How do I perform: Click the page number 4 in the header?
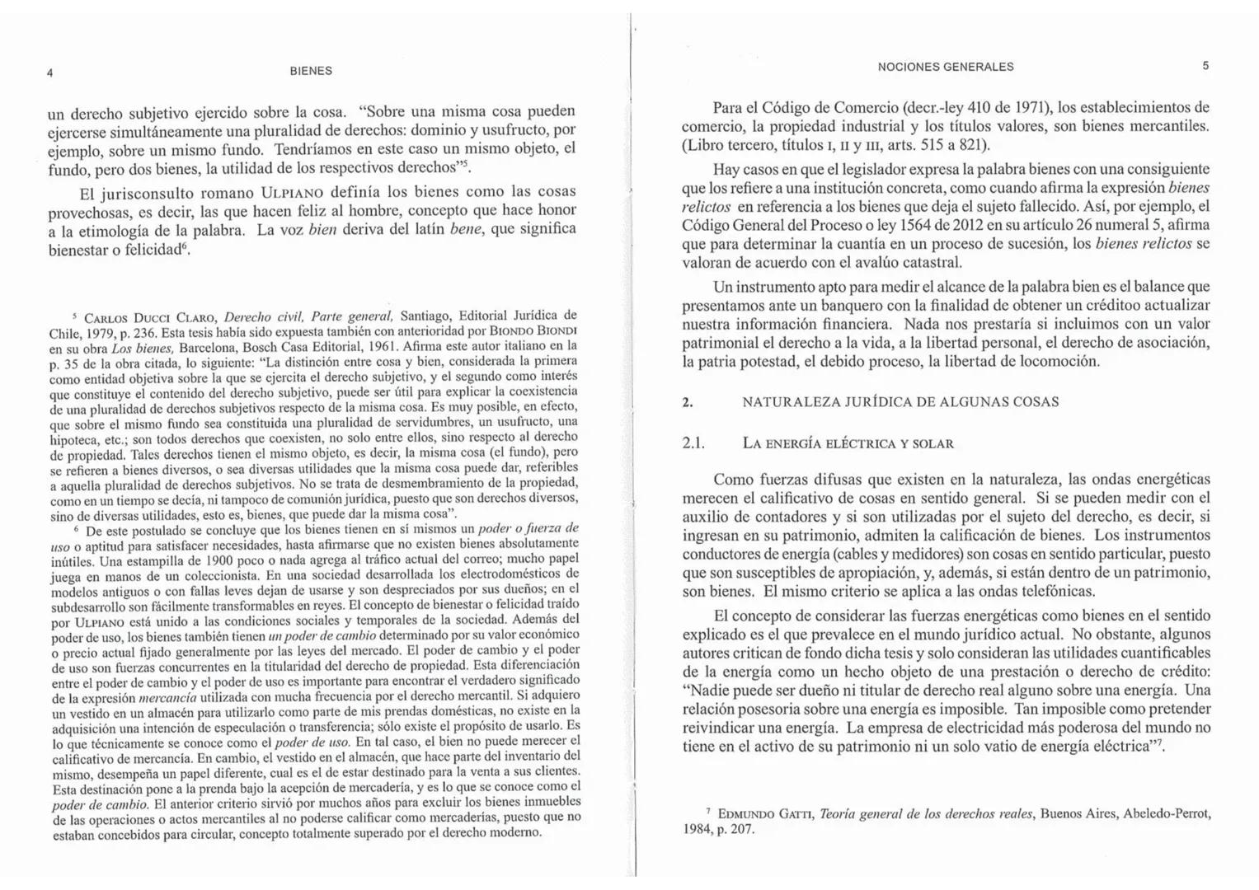(x=50, y=73)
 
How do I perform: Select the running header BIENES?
(x=311, y=71)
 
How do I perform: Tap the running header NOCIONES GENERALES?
(x=946, y=67)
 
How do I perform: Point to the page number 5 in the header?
(x=1205, y=66)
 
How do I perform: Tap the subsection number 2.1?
(x=693, y=443)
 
